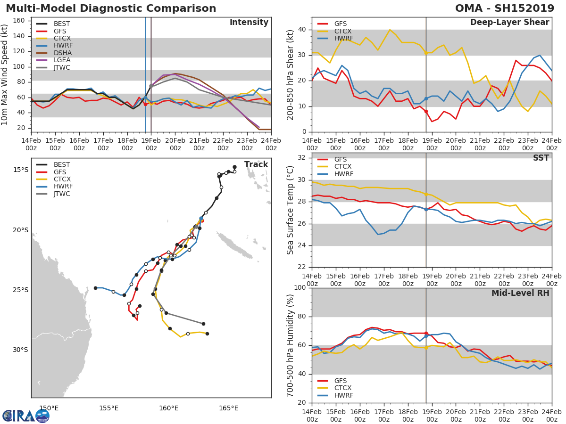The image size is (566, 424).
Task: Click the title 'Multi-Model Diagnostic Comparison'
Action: coord(111,8)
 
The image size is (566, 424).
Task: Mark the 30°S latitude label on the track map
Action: coord(20,350)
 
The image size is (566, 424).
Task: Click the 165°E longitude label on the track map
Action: coord(228,408)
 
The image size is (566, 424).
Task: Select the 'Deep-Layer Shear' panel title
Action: coord(509,23)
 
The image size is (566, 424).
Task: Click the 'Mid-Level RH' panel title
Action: coord(520,294)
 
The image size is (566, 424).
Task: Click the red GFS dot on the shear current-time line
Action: coord(426,111)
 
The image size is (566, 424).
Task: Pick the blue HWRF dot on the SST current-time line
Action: coord(426,209)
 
